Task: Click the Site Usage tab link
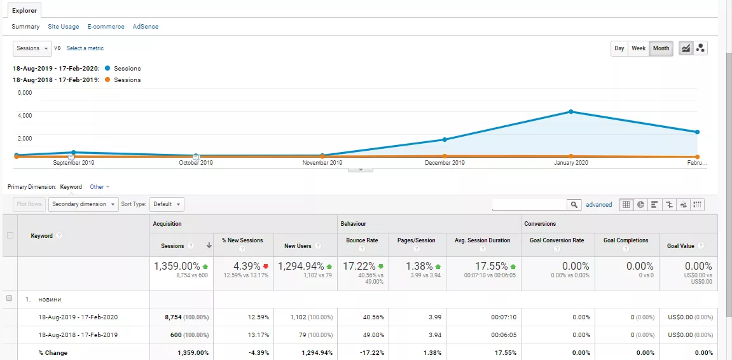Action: coord(64,27)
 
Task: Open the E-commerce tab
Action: coord(106,27)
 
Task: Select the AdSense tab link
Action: coord(146,27)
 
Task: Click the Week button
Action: coord(639,48)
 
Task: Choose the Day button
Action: coord(619,48)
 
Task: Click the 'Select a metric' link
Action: coord(85,48)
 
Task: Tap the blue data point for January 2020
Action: coord(571,111)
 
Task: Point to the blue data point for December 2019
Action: coord(445,139)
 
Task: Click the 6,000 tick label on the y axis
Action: coord(25,92)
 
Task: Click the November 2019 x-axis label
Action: coord(322,163)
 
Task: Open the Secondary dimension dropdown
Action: coord(83,204)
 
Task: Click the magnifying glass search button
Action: coord(575,205)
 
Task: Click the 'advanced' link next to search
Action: coord(599,205)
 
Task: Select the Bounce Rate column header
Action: coord(362,240)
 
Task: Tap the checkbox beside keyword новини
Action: coord(9,298)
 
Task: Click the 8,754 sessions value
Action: coord(172,317)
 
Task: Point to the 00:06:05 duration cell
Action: coord(504,335)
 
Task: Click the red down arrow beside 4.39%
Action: coord(266,267)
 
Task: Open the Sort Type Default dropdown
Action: coord(167,204)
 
